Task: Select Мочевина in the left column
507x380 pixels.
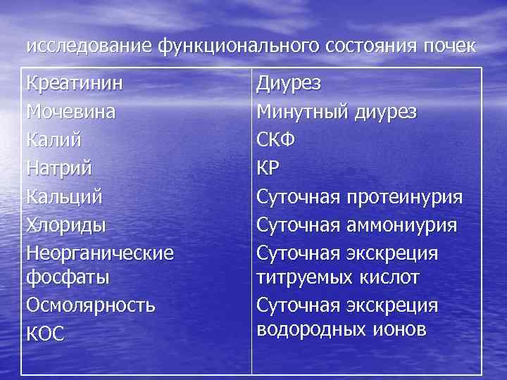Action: point(71,111)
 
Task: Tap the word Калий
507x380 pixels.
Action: point(54,139)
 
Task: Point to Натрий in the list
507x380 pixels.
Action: point(60,168)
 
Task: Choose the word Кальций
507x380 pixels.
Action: point(64,196)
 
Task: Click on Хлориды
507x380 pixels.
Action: point(65,224)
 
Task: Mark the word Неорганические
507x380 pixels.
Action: point(99,252)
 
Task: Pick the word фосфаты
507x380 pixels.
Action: point(68,277)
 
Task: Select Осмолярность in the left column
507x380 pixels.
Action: point(91,306)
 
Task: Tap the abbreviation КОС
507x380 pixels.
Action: point(45,334)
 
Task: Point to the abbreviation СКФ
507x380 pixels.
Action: point(276,139)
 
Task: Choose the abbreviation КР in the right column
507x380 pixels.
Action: point(269,168)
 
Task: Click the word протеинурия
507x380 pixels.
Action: point(404,196)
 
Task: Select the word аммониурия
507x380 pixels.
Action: point(402,224)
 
